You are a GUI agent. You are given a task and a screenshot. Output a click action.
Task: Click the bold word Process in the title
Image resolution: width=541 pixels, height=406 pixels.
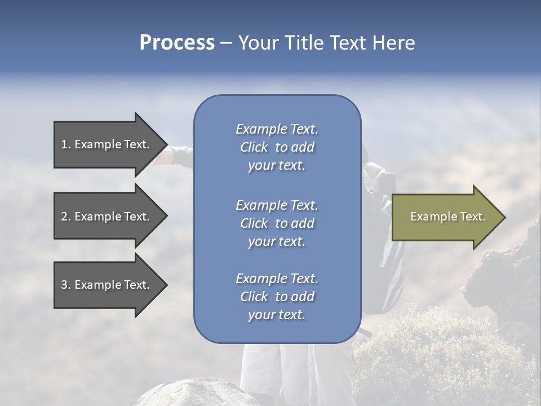tap(177, 43)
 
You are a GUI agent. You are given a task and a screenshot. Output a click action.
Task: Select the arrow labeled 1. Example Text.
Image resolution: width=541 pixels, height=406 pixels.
tap(105, 144)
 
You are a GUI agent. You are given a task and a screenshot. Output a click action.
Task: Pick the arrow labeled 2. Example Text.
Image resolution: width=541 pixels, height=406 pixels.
tap(105, 217)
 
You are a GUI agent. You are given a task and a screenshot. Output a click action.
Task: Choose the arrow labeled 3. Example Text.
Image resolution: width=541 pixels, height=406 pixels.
tap(105, 285)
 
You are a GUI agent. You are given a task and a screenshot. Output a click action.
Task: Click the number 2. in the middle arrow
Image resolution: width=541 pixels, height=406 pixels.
tap(65, 217)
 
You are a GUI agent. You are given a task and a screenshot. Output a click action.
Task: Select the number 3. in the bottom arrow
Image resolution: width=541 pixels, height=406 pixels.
tap(65, 285)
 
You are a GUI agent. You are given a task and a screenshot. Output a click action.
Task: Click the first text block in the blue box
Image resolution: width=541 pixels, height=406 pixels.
tap(277, 147)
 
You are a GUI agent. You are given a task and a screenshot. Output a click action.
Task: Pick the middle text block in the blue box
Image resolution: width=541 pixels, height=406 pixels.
tap(277, 223)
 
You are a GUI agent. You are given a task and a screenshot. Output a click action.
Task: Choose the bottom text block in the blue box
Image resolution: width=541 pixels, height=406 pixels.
tap(277, 297)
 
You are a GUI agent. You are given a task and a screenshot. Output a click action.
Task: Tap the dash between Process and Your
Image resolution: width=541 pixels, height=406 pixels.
tap(227, 43)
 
